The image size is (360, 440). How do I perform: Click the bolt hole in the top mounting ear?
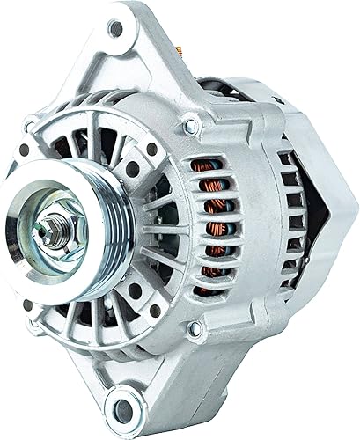point(115,28)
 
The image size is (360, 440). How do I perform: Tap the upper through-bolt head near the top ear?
point(190,128)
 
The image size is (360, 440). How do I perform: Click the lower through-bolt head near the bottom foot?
point(195,329)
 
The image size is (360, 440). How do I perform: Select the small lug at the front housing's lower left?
point(29,305)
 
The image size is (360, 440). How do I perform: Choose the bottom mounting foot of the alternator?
point(132,400)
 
